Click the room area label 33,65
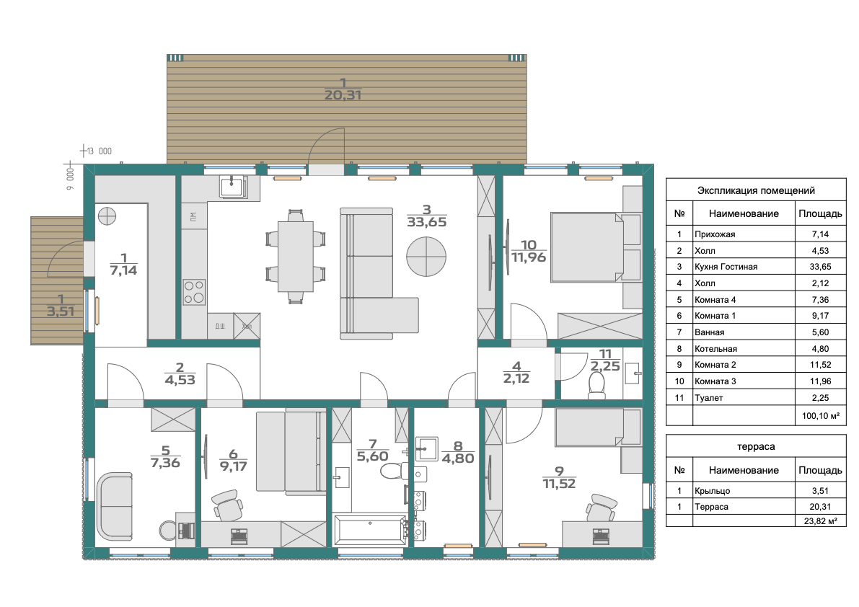point(427,222)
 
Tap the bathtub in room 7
point(370,528)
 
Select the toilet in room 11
point(596,386)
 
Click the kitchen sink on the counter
point(234,187)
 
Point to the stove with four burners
point(194,292)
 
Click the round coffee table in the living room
point(426,256)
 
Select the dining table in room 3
point(296,256)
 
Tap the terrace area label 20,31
point(343,95)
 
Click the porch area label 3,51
point(61,311)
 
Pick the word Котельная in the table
point(715,349)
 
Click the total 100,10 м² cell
point(821,416)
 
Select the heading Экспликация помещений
point(756,190)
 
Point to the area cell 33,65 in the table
point(821,267)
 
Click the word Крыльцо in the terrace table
point(712,491)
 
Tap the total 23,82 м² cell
point(821,521)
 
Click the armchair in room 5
point(115,506)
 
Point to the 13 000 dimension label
point(99,151)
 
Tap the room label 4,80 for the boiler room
point(458,458)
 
